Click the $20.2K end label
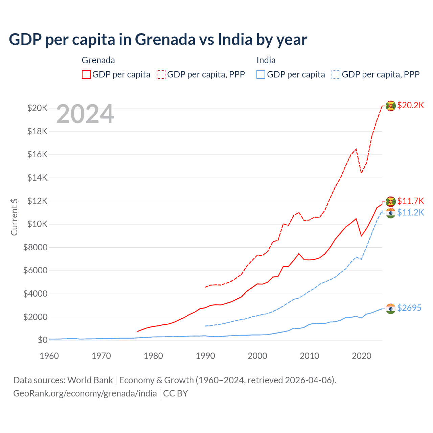pyautogui.click(x=410, y=105)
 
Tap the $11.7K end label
pyautogui.click(x=410, y=201)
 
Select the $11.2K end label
pyautogui.click(x=410, y=212)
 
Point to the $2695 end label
pyautogui.click(x=409, y=308)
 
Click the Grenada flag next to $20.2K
pyautogui.click(x=391, y=106)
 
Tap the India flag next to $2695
pyautogui.click(x=391, y=309)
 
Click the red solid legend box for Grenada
pyautogui.click(x=86, y=74)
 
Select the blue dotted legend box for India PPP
pyautogui.click(x=336, y=74)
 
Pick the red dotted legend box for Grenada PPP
pyautogui.click(x=161, y=74)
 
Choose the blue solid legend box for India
pyautogui.click(x=261, y=74)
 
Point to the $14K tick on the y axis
pyautogui.click(x=37, y=178)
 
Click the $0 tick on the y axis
pyautogui.click(x=42, y=340)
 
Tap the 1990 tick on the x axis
pyautogui.click(x=205, y=356)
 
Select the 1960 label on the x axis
pyautogui.click(x=49, y=356)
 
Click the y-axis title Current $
pyautogui.click(x=14, y=217)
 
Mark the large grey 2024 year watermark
pyautogui.click(x=85, y=114)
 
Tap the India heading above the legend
pyautogui.click(x=266, y=60)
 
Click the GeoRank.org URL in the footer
pyautogui.click(x=85, y=393)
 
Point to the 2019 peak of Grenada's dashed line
pyautogui.click(x=356, y=149)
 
